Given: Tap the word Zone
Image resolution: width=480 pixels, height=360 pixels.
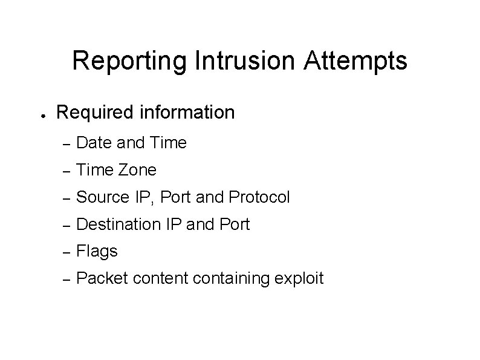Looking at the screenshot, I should point(138,170).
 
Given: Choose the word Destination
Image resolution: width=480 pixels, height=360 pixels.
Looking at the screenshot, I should point(119,224).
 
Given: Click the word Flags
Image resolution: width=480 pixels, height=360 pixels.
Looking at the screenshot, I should point(98,251).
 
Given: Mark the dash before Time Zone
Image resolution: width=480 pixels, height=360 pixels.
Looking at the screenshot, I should point(68,171).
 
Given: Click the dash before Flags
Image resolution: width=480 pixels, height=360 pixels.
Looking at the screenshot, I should point(68,252).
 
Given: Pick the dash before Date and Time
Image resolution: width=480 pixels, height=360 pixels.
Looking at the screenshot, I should point(68,144).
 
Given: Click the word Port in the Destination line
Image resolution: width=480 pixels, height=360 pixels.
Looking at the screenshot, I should point(235,224).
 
